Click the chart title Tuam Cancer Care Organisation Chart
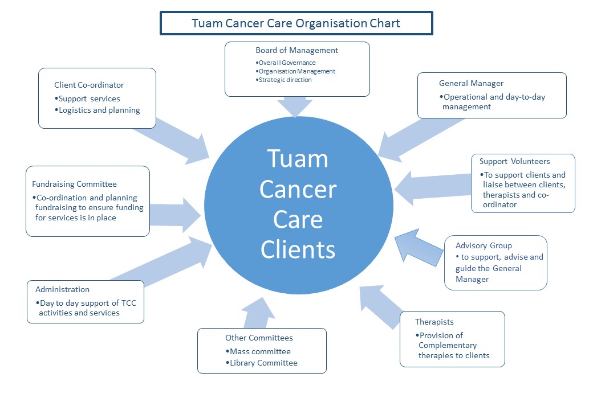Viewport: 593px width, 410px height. click(x=295, y=23)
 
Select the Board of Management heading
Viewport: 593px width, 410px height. click(x=296, y=50)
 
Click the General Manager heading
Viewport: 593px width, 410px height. click(x=471, y=83)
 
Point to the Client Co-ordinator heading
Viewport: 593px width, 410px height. click(x=89, y=85)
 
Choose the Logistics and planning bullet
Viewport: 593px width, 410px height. click(x=100, y=110)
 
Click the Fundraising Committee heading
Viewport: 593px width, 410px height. click(x=74, y=184)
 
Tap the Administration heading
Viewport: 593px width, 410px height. click(x=62, y=289)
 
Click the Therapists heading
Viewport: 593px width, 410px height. click(x=434, y=322)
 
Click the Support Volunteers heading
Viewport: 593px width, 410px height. click(x=515, y=161)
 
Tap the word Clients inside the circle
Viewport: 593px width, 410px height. click(x=298, y=249)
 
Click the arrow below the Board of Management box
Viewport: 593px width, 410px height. click(x=296, y=106)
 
